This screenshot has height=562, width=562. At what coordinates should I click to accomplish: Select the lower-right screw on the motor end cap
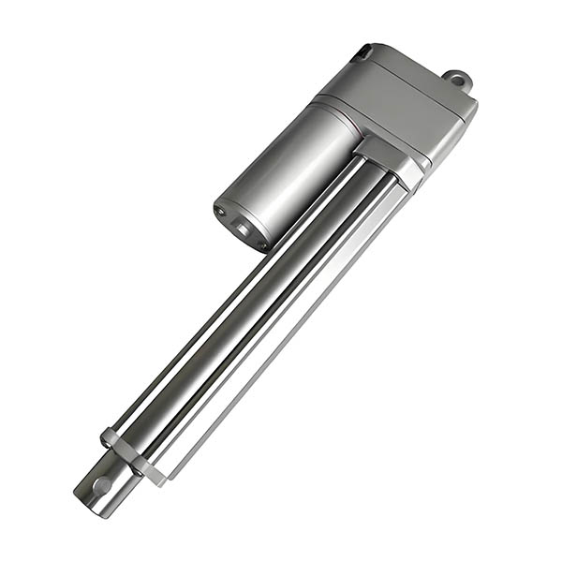(x=262, y=243)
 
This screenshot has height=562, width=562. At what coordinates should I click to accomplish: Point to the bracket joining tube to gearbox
(x=389, y=159)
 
